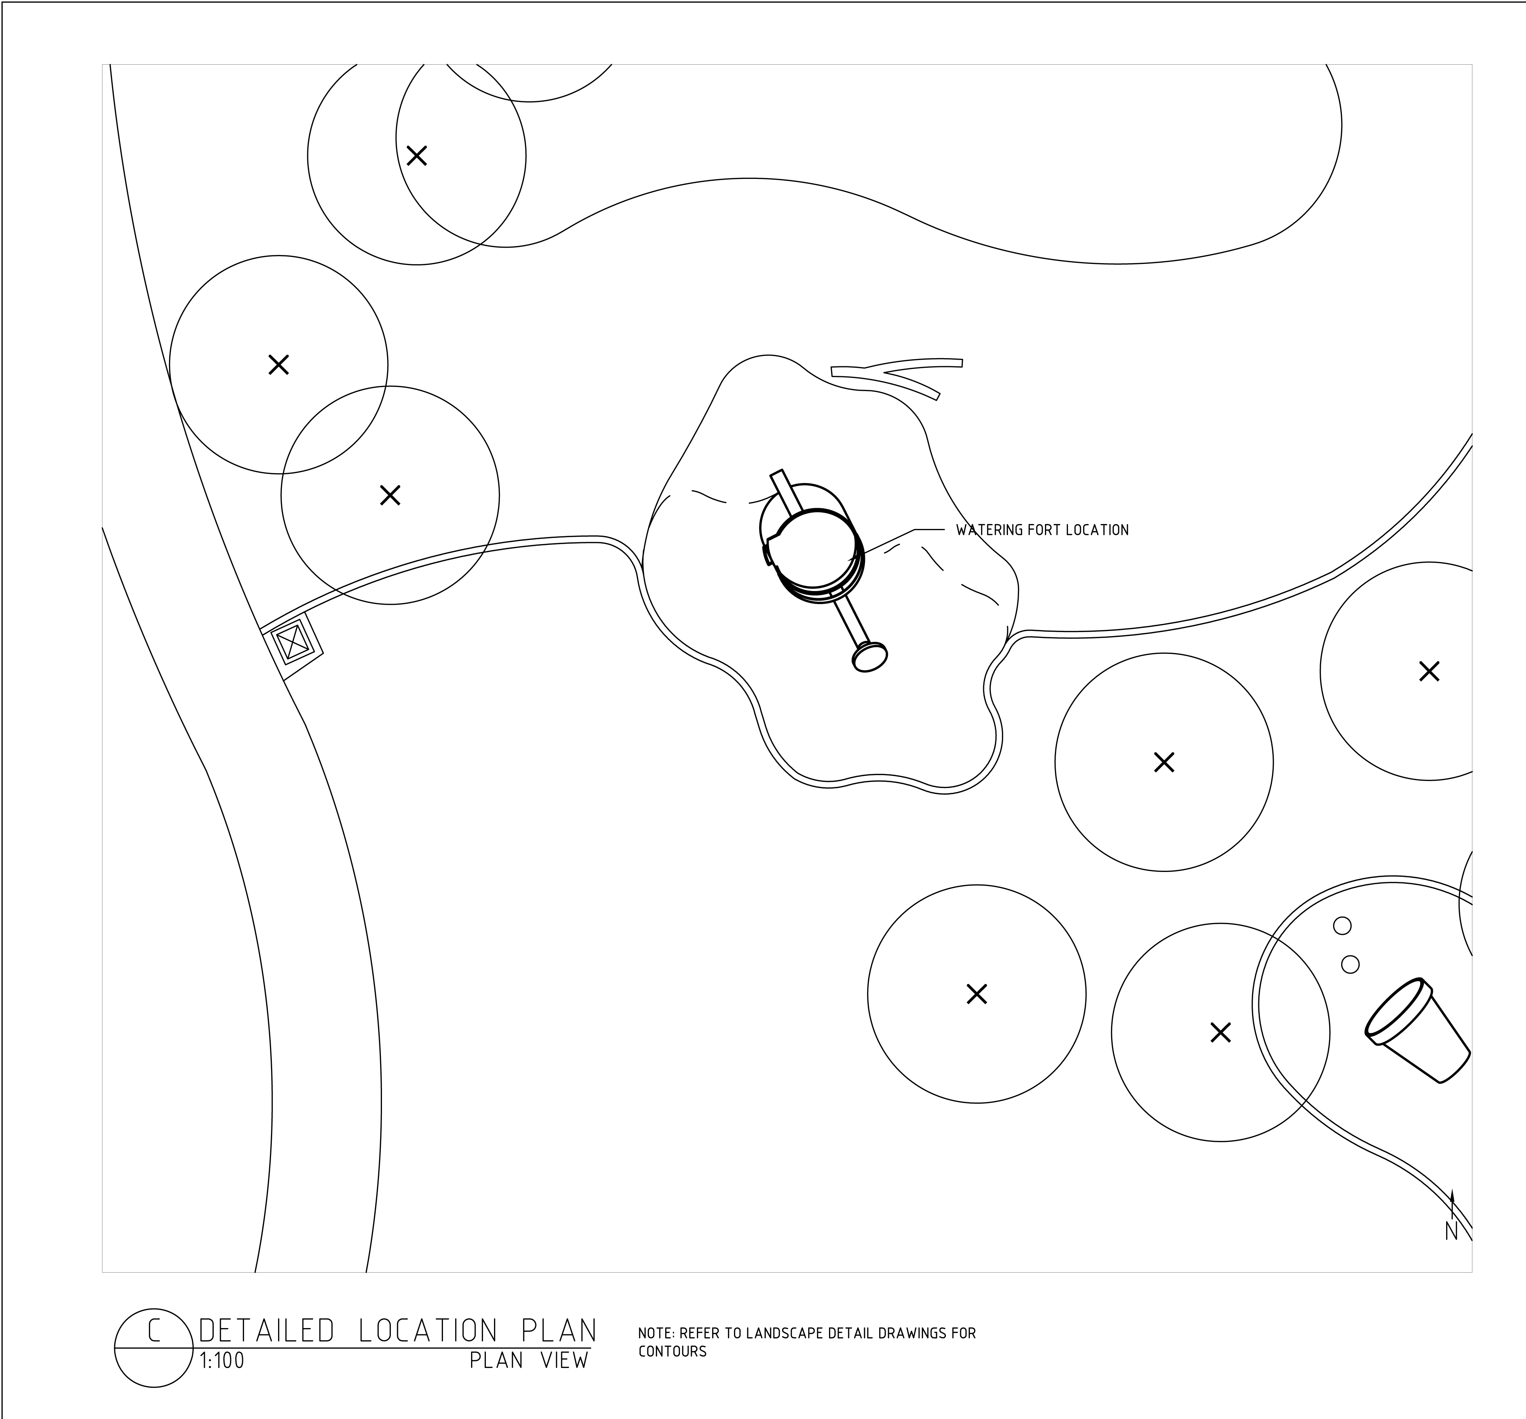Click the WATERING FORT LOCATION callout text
(1042, 530)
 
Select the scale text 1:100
(222, 1361)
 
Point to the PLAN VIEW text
(529, 1361)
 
